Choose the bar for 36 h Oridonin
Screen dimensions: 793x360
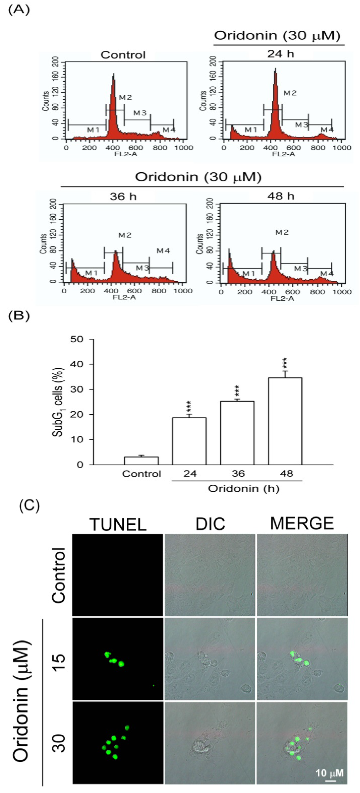click(237, 432)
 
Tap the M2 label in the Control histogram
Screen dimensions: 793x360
click(125, 98)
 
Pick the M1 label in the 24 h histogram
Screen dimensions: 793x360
click(251, 130)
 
